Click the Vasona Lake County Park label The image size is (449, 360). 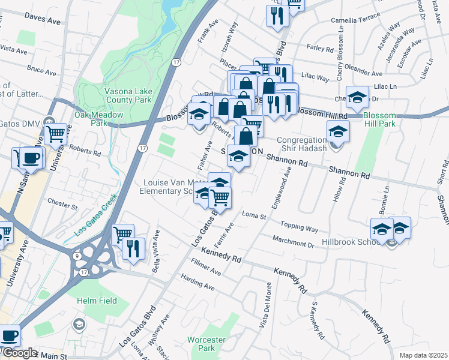(x=131, y=95)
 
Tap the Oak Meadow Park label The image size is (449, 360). (x=98, y=119)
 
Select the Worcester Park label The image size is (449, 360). (x=206, y=344)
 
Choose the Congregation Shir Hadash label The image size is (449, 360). (x=301, y=145)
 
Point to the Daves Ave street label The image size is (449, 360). (x=43, y=21)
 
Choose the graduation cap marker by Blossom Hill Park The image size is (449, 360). (x=357, y=97)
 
